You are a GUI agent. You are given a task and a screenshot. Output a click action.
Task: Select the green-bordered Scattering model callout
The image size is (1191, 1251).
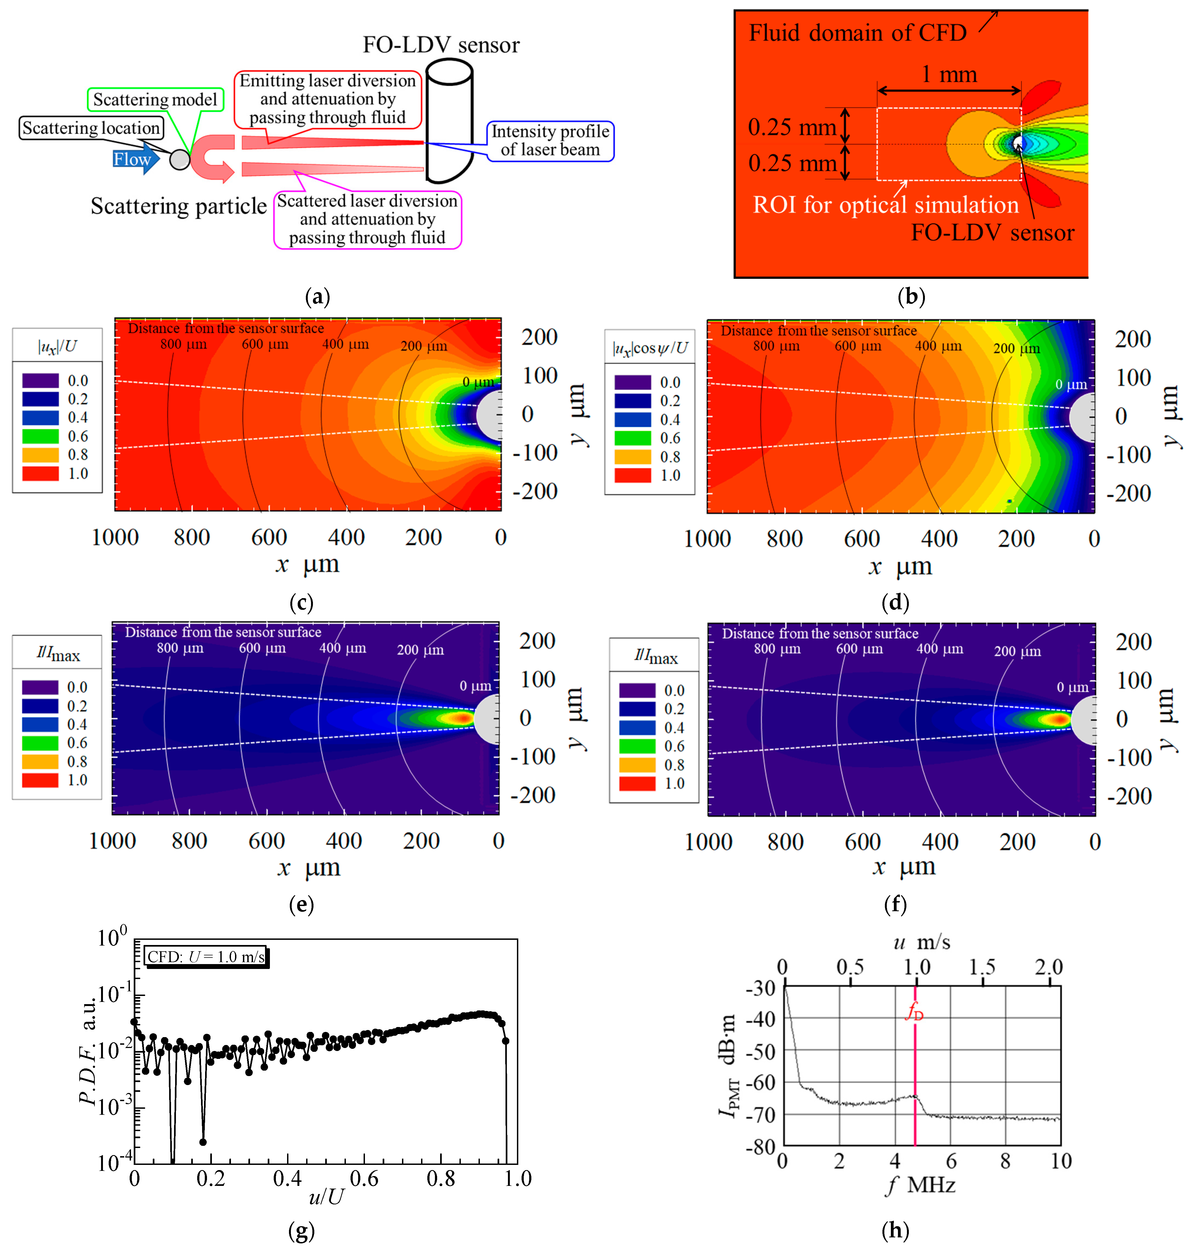[x=155, y=100]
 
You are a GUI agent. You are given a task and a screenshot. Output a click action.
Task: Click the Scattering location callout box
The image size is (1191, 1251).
[x=91, y=128]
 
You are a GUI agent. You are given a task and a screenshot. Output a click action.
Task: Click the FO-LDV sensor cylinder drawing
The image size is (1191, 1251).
[x=449, y=121]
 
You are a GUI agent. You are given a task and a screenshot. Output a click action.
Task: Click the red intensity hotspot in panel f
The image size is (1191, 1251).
[x=1058, y=719]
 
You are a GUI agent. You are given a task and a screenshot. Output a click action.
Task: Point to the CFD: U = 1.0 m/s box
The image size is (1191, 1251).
[x=206, y=956]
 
